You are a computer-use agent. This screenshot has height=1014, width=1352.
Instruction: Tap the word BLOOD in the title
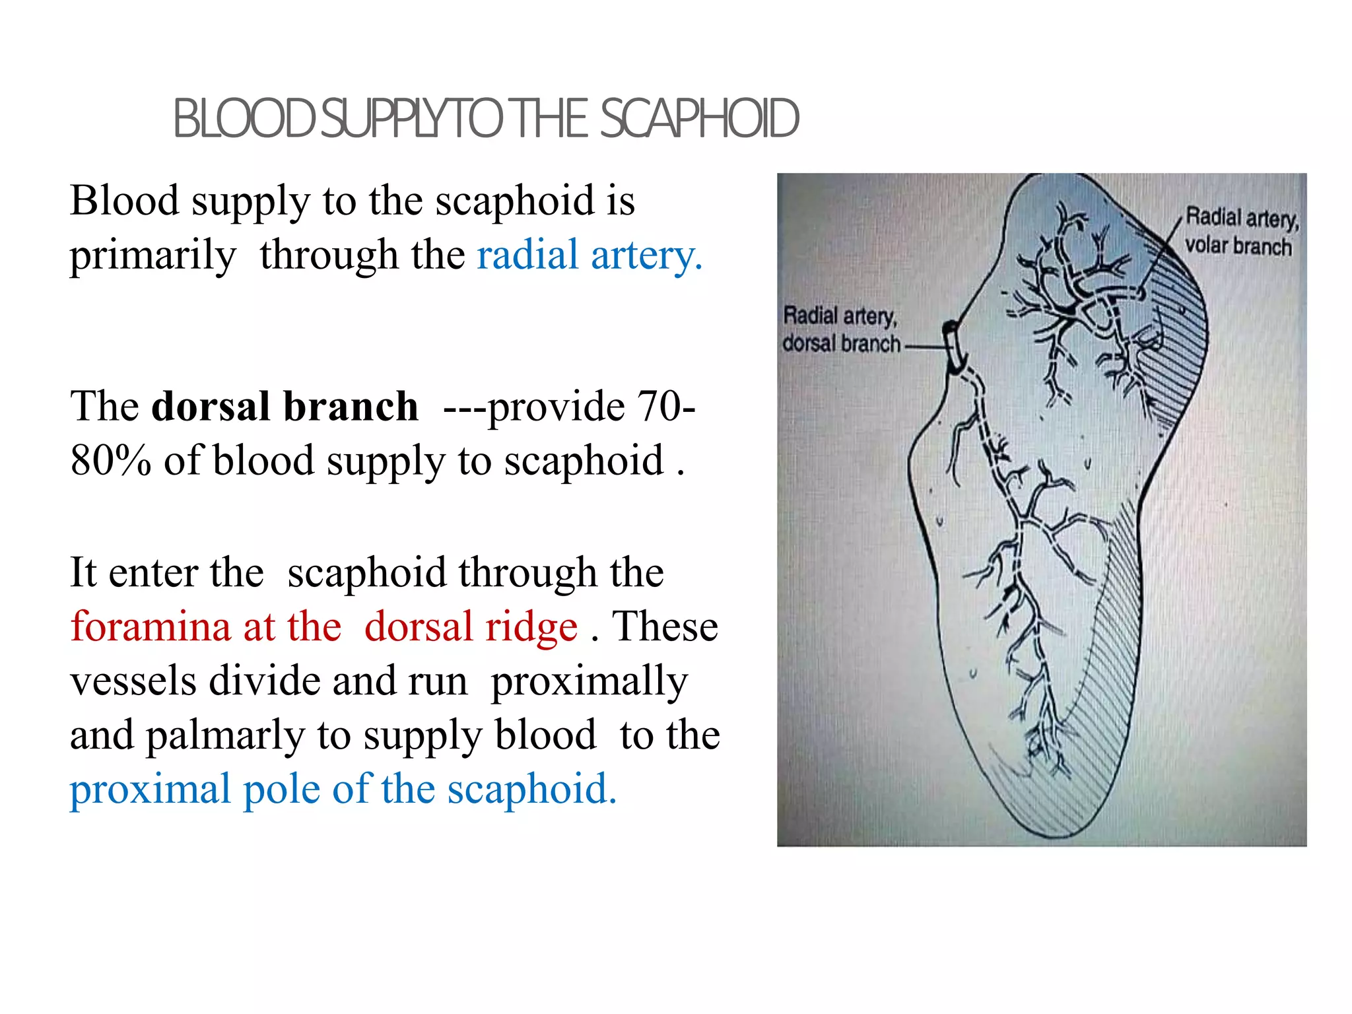point(244,119)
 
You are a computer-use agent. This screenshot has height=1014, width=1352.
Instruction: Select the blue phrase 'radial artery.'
point(589,255)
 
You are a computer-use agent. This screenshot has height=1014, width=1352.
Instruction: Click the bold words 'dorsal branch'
point(285,406)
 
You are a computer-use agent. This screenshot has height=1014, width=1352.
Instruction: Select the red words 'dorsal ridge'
point(471,626)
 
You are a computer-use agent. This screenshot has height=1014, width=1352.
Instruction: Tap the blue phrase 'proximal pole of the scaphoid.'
point(343,789)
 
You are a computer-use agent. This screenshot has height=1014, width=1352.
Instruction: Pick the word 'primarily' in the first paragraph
point(152,255)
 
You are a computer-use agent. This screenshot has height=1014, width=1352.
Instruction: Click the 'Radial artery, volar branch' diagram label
point(1240,231)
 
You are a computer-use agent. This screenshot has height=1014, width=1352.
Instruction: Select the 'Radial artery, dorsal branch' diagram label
point(840,329)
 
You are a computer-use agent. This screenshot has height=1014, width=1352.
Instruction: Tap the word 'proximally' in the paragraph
point(590,681)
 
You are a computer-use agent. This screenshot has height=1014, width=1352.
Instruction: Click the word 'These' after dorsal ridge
point(665,626)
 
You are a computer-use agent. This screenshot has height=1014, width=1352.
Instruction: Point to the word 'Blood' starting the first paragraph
point(124,200)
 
